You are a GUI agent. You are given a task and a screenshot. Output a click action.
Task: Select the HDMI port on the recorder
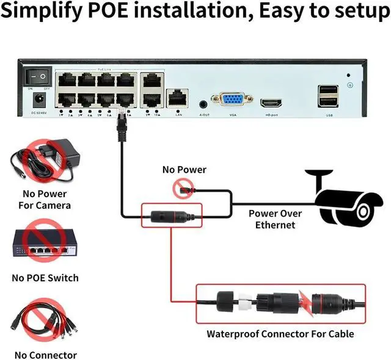(271, 102)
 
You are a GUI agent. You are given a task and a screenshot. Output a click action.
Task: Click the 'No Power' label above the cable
(184, 170)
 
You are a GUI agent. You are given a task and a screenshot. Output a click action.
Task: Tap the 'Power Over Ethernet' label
(275, 219)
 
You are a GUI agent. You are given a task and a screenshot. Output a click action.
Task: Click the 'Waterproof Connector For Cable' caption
(280, 334)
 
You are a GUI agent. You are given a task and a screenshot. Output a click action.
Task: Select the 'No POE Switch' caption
(45, 278)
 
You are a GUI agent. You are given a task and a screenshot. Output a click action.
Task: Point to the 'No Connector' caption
(45, 355)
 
